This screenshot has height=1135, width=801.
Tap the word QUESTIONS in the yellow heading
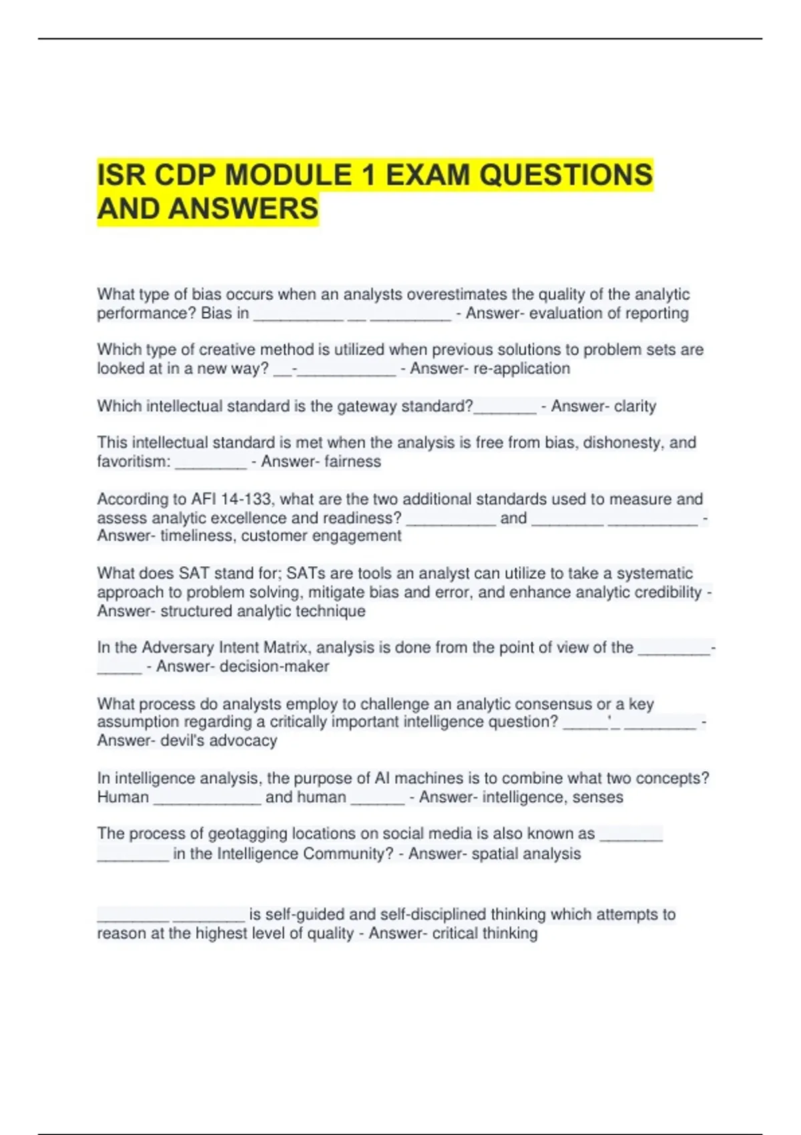566,176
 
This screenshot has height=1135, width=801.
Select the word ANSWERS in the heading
244,209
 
